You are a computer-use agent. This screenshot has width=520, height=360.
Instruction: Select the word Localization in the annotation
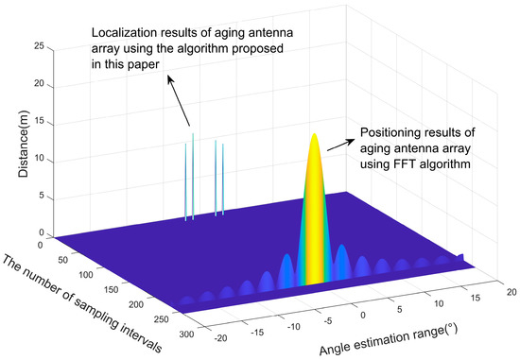(x=123, y=30)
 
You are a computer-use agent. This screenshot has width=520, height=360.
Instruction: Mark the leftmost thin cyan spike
(x=185, y=180)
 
